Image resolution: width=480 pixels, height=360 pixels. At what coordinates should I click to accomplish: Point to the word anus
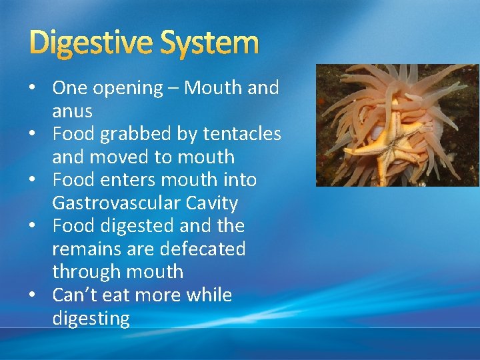(72, 111)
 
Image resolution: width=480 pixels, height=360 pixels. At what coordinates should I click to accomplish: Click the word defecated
(199, 249)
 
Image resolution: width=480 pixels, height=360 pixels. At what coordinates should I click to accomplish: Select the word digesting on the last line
(91, 318)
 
